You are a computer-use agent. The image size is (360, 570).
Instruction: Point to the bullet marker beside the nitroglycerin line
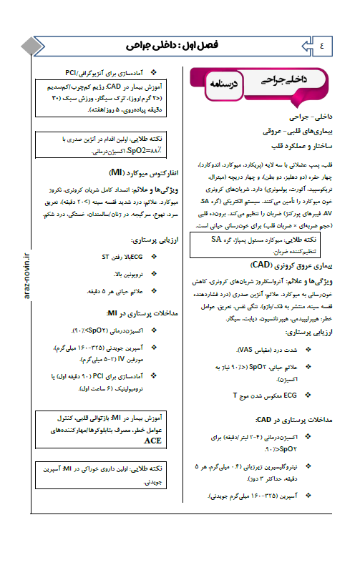click(307, 466)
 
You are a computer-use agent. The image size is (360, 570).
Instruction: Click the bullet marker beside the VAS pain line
click(307, 350)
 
